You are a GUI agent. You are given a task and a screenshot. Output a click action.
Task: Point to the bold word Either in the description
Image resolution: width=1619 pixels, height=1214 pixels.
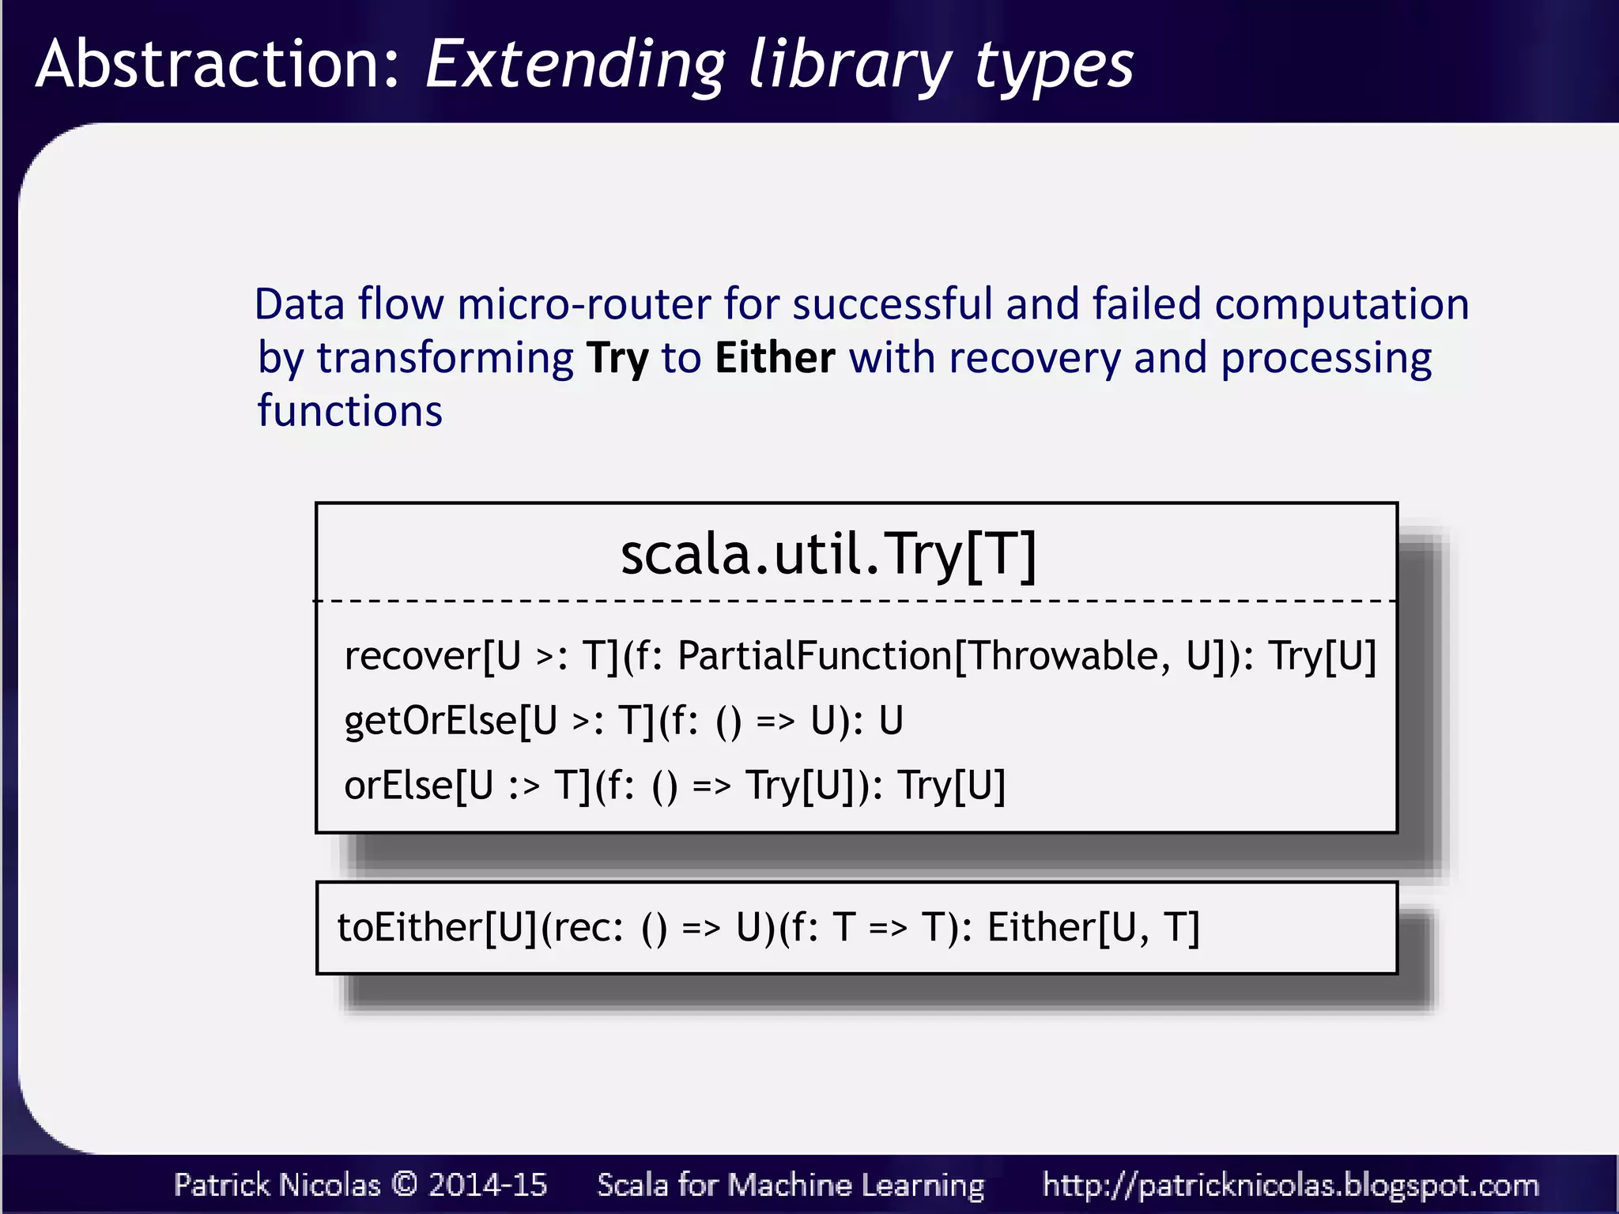point(775,358)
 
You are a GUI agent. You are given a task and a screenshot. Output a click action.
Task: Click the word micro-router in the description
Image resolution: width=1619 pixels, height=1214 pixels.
point(584,305)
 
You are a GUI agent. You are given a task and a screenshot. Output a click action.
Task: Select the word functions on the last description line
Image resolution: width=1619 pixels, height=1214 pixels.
point(349,412)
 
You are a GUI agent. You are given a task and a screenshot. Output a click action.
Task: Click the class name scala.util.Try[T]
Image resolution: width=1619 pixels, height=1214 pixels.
point(828,554)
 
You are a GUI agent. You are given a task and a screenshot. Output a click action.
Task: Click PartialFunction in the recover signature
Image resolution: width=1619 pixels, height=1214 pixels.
point(815,656)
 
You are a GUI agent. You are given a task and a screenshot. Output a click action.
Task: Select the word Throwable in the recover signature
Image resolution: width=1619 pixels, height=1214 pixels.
point(1064,656)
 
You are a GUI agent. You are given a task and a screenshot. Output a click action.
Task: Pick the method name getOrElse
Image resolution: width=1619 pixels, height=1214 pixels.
point(431,721)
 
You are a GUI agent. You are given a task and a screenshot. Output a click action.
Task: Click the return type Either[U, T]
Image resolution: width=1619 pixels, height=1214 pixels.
point(1093,928)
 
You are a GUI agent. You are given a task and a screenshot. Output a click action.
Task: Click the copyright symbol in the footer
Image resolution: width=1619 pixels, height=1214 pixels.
point(405,1184)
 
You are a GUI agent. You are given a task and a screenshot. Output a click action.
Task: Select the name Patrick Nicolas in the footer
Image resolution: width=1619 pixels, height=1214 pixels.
point(277,1185)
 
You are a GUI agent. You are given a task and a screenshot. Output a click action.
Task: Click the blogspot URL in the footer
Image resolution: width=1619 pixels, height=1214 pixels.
point(1290,1186)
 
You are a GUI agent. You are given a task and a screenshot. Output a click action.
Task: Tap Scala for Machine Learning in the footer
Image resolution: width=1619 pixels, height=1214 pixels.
point(791,1185)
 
